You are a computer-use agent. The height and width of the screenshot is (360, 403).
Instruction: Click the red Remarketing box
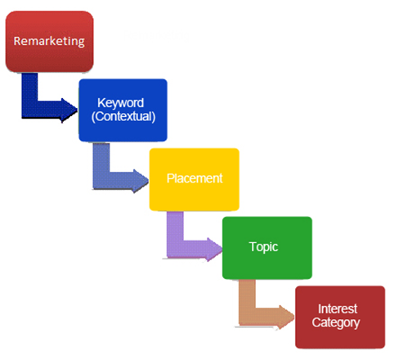point(49,42)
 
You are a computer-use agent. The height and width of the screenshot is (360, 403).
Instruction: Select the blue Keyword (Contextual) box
point(123,110)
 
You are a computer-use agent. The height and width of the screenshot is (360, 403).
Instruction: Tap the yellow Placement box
point(195,179)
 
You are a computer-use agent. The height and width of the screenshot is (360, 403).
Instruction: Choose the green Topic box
point(267,248)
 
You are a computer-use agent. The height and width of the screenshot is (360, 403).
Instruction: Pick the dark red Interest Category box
point(340,317)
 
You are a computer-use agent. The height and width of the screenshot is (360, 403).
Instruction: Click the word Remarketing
point(49,42)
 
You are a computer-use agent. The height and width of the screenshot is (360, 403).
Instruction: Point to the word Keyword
point(120,103)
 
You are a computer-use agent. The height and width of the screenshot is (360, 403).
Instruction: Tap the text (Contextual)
point(123,116)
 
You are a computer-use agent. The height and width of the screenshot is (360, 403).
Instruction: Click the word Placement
point(195,178)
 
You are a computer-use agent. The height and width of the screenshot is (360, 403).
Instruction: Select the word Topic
point(263,247)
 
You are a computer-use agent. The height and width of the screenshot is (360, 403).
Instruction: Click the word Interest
point(338,309)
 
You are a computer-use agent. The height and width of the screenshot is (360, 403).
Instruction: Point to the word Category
point(336,322)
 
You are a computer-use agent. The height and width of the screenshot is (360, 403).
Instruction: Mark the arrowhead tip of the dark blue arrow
point(78,110)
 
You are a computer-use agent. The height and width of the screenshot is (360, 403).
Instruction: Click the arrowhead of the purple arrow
point(215,250)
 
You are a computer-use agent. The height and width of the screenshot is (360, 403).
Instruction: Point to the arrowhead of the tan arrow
point(287,317)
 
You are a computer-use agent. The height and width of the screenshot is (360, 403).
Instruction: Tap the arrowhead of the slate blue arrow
point(141,181)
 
